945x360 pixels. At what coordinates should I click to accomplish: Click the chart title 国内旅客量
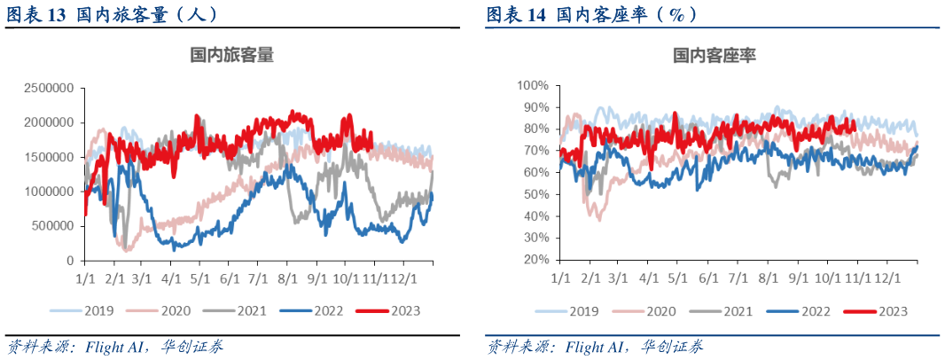pyautogui.click(x=232, y=55)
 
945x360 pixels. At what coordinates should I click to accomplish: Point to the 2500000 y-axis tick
pyautogui.click(x=49, y=88)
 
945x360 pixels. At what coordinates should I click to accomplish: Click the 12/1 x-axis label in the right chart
pyautogui.click(x=887, y=278)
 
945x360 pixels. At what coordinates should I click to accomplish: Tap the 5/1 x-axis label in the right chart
pyautogui.click(x=678, y=278)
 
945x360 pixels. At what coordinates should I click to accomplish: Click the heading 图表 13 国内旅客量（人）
pyautogui.click(x=111, y=15)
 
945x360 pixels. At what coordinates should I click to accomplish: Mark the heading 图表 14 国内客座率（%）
pyautogui.click(x=591, y=15)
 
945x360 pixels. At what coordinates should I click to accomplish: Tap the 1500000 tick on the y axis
pyautogui.click(x=49, y=157)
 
